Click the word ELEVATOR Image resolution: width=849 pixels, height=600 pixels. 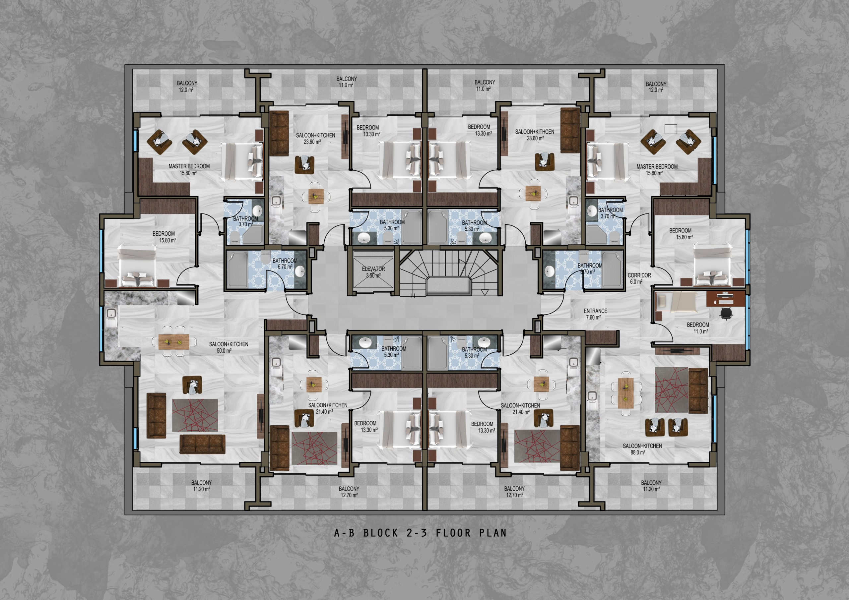[373, 269]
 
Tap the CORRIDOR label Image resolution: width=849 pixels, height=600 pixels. [639, 275]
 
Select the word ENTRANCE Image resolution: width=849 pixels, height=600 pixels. [595, 311]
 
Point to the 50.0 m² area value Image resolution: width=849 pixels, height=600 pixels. [224, 350]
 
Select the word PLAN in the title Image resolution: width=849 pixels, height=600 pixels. [493, 533]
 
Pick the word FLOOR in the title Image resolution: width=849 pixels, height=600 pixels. [453, 533]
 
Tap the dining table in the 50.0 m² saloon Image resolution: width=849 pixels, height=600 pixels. [174, 341]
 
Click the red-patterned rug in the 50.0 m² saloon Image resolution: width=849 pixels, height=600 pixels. [195, 415]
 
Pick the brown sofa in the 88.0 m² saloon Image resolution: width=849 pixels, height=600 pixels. [698, 391]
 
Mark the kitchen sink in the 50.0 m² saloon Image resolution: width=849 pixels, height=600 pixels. [110, 315]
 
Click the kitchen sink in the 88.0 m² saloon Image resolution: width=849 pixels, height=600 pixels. [592, 396]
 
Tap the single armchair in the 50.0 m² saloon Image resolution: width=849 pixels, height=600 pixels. [192, 385]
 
